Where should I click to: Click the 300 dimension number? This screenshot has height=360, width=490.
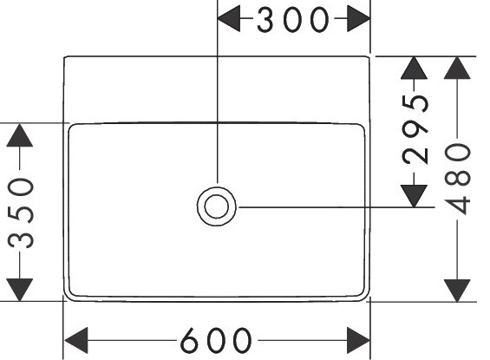coord(293,20)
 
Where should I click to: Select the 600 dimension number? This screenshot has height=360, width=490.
coord(216,340)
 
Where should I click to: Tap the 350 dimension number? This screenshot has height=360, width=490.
coord(21,213)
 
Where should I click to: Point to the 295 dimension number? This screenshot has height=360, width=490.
coord(415,130)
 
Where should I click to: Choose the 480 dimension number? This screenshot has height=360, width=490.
coord(458,179)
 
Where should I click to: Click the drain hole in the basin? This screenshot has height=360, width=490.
coord(216,206)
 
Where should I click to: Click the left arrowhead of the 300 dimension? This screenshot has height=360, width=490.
coord(228,18)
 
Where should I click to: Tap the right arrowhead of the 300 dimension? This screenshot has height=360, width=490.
coord(359,18)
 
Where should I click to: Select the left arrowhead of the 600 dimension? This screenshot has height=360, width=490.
coord(76,340)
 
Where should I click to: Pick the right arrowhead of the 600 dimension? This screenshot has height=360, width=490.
coord(359,340)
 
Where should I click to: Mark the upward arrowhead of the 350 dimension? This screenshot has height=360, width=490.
coord(20,135)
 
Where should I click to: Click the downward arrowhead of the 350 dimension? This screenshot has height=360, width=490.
coord(20,290)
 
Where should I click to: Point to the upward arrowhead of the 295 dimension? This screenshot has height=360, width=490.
coord(414,68)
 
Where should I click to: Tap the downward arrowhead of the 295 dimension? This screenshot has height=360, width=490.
coord(414,196)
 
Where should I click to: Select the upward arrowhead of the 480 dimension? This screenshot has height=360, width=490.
coord(457,68)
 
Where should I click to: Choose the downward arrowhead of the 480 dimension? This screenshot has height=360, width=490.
coord(457,291)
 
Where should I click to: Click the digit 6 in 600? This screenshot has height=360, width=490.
coord(191,340)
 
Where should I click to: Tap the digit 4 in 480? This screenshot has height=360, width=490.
coord(458,206)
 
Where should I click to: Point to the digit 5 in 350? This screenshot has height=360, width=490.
coord(21,213)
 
